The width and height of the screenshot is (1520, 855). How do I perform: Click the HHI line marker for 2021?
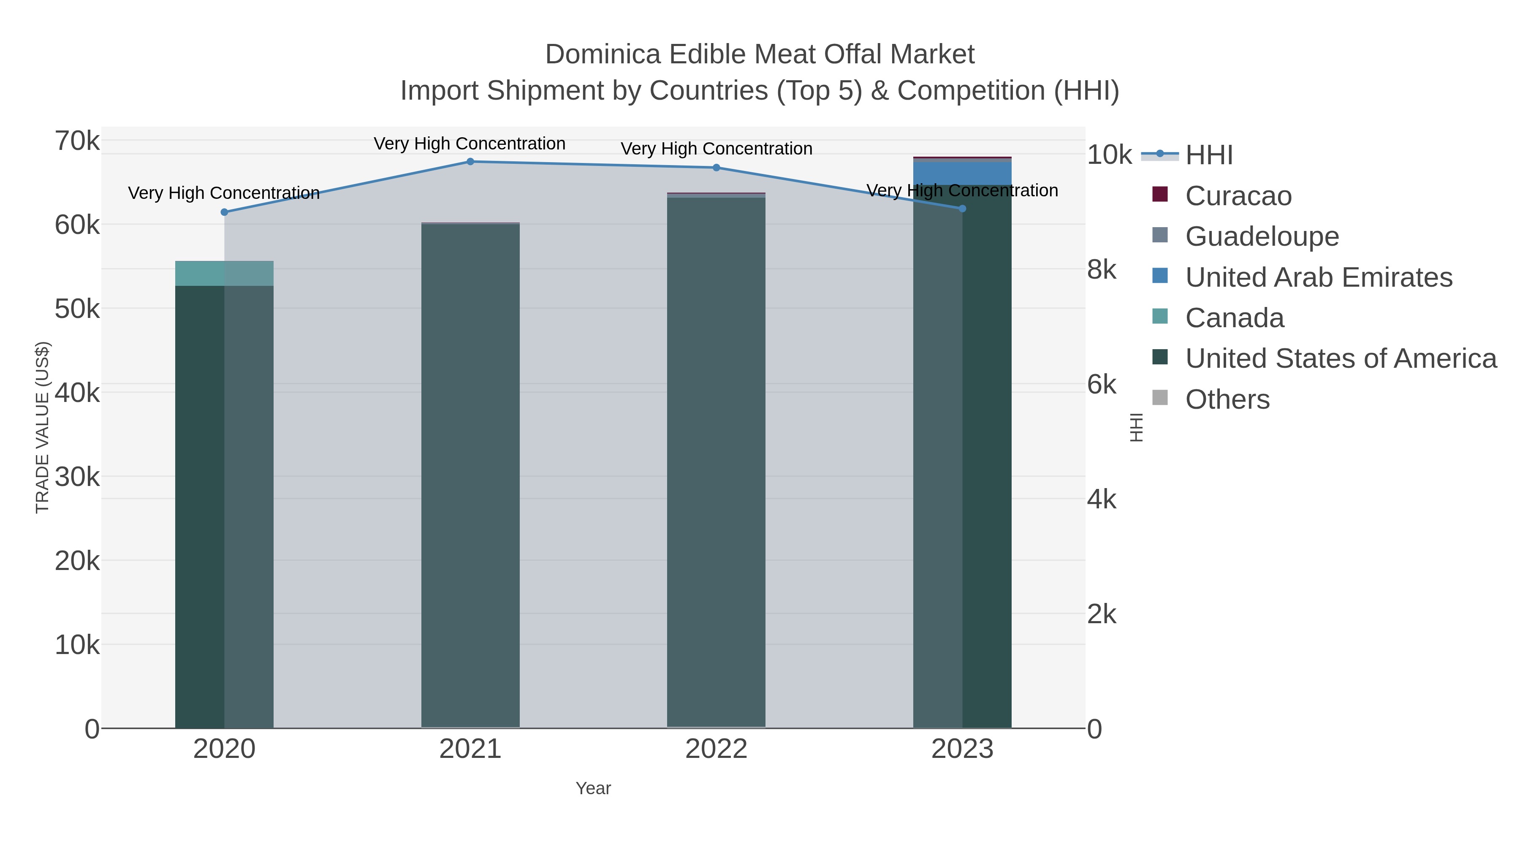coord(470,162)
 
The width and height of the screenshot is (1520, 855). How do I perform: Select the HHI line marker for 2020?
coord(224,212)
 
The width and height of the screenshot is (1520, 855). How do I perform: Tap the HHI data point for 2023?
coord(962,208)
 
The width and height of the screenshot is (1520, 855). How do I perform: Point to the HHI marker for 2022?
coord(717,168)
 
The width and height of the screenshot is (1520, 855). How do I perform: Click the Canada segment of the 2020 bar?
coord(224,273)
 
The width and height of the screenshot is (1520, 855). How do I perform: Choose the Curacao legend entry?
coord(1238,196)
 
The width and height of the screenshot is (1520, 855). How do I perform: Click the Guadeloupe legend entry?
coord(1262,236)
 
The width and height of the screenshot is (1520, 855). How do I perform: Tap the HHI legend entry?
coord(1208,155)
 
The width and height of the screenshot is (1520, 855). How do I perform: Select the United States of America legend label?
coord(1341,359)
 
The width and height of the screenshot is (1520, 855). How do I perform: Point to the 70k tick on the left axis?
coord(77,141)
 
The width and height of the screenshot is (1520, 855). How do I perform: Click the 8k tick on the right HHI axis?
coord(1102,270)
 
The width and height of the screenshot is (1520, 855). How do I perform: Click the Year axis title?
coord(593,788)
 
